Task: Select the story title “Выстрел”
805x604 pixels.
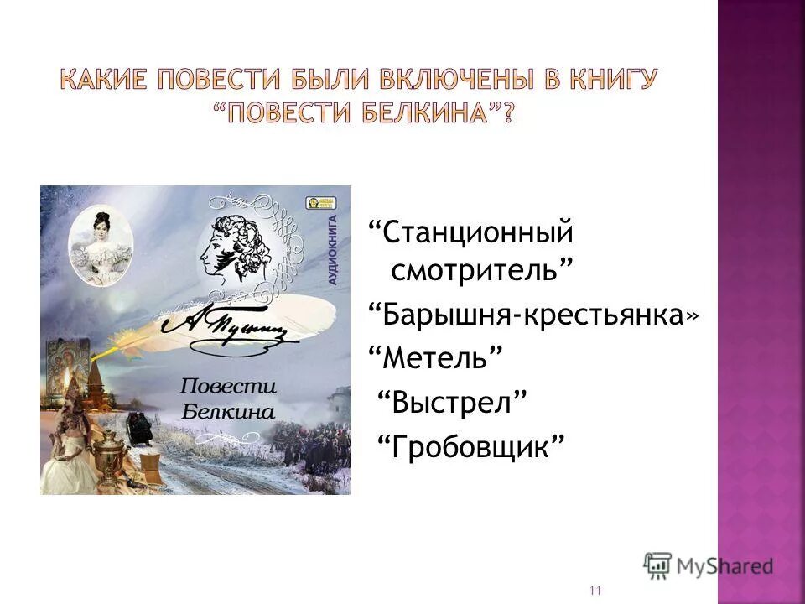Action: (x=456, y=401)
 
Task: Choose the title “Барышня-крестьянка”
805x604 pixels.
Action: (x=532, y=315)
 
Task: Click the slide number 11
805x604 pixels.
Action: (x=595, y=591)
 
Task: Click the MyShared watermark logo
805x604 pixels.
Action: (x=709, y=565)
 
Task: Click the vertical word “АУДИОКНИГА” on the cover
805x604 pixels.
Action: (x=332, y=252)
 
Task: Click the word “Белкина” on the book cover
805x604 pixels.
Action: (x=227, y=411)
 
